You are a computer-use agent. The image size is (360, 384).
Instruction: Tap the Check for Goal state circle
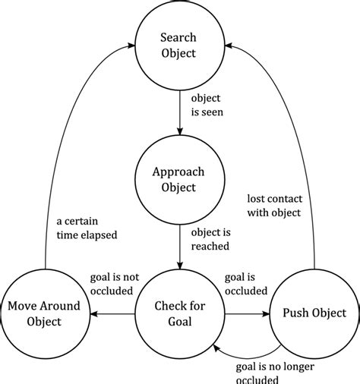pyautogui.click(x=179, y=313)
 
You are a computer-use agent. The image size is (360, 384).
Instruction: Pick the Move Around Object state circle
pyautogui.click(x=45, y=313)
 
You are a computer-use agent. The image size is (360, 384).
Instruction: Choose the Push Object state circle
pyautogui.click(x=314, y=313)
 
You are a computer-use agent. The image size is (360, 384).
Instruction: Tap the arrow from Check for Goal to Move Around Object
pyautogui.click(x=112, y=313)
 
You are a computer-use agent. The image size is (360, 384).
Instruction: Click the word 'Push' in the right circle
pyautogui.click(x=294, y=313)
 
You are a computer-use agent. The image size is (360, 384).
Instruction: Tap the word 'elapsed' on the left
pyautogui.click(x=103, y=235)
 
